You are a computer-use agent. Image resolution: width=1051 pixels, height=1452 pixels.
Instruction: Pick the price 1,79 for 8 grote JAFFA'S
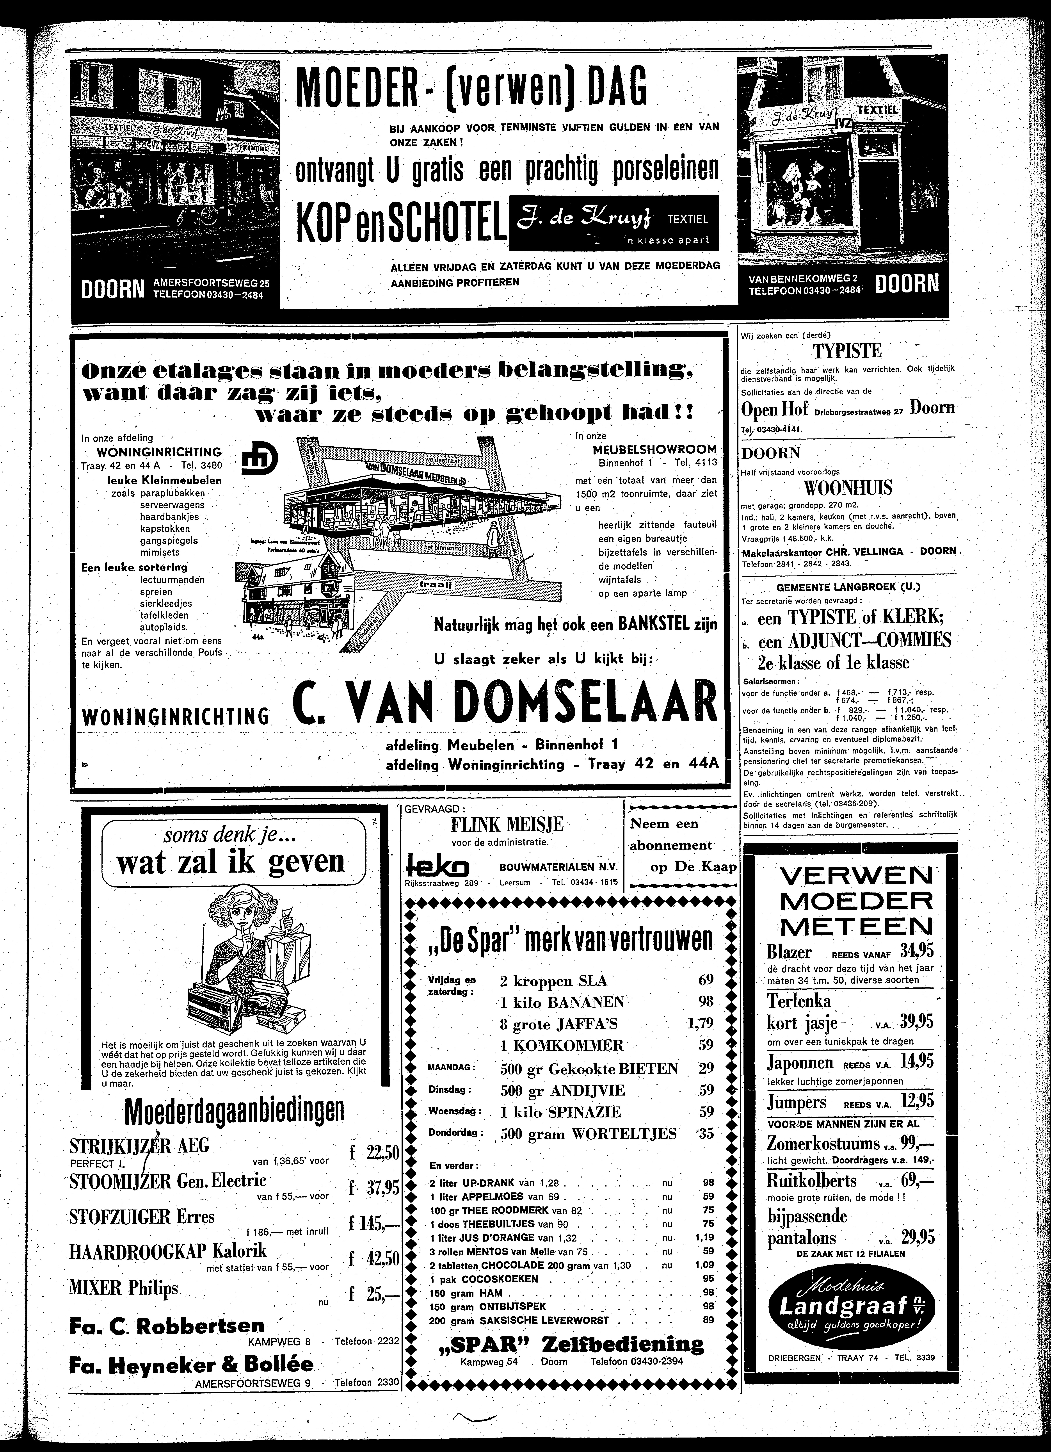[699, 1023]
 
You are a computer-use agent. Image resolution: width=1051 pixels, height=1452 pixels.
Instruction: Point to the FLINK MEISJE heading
[506, 824]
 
